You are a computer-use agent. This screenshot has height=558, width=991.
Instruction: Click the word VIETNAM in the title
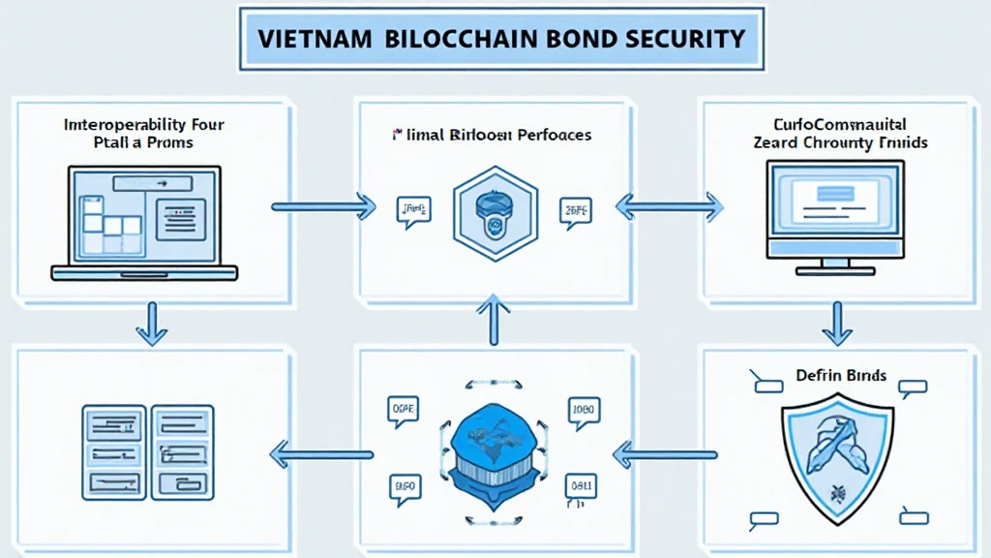coord(315,40)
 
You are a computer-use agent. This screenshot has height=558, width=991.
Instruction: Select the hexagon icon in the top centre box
coord(495,212)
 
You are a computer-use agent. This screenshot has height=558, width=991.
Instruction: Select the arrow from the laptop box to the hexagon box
coord(322,205)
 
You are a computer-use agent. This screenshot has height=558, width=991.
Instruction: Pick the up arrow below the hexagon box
coord(495,321)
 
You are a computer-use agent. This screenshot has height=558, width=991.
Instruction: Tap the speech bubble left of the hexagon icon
coord(413,210)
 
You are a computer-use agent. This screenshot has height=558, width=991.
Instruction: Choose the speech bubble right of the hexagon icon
coord(576,210)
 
